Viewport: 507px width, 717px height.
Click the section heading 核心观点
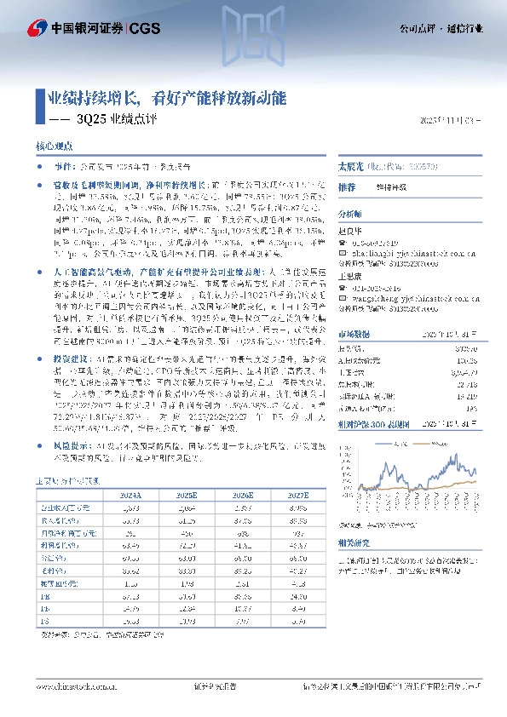coord(54,146)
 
